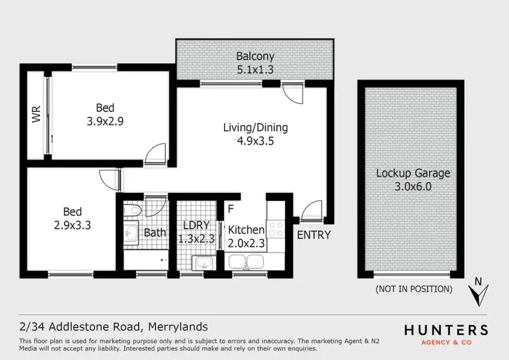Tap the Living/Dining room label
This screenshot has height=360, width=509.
(x=256, y=134)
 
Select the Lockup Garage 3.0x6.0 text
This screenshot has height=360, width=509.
(x=413, y=179)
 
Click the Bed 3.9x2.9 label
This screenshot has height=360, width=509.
(x=105, y=115)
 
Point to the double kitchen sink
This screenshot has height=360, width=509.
(x=248, y=262)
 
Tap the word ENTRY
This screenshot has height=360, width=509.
(x=314, y=236)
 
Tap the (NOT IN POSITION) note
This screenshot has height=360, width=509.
(x=413, y=289)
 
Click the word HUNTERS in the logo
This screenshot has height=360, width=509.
(x=446, y=330)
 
